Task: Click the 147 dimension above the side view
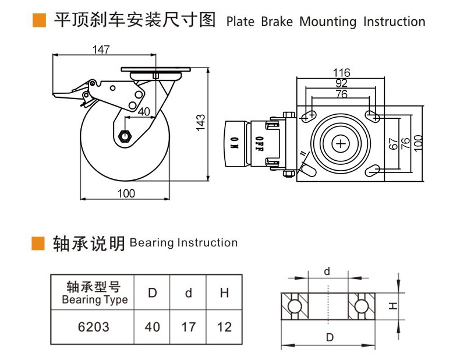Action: (x=101, y=50)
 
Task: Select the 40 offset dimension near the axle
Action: (x=144, y=111)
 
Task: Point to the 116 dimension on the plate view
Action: (x=341, y=73)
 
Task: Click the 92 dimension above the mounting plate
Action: (x=341, y=83)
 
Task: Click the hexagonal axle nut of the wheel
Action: (x=124, y=136)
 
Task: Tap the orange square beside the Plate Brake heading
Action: (x=39, y=21)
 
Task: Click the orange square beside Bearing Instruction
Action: (x=38, y=242)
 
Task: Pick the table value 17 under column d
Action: (x=188, y=327)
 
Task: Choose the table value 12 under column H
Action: (x=224, y=327)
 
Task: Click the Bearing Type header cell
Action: (x=94, y=294)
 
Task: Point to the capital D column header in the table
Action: (x=152, y=293)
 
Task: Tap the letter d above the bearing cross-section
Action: (x=327, y=271)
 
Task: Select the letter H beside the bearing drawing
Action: (x=393, y=306)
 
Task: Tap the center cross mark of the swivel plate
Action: (x=341, y=143)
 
